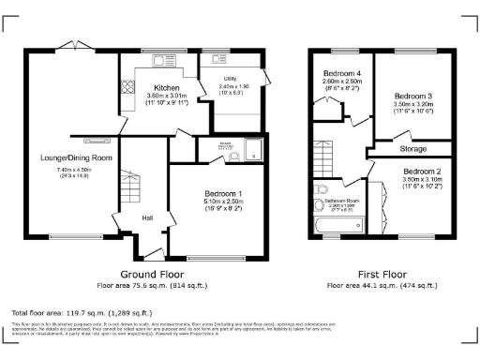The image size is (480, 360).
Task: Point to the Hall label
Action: [x=147, y=217]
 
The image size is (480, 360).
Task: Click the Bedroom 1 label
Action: [x=224, y=193]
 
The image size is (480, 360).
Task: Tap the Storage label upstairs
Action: [x=413, y=148]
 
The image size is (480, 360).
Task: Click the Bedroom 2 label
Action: [x=423, y=172]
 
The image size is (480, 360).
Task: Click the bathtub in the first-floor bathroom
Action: [x=337, y=226]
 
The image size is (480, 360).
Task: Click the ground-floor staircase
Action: [x=128, y=187]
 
